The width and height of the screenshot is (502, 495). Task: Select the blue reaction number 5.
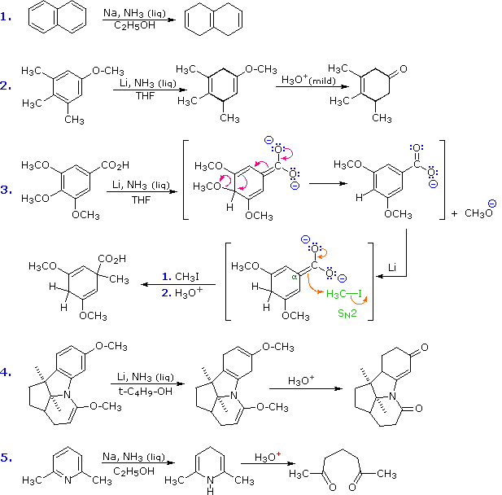tap(7, 458)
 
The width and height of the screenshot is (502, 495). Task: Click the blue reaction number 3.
tap(7, 190)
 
